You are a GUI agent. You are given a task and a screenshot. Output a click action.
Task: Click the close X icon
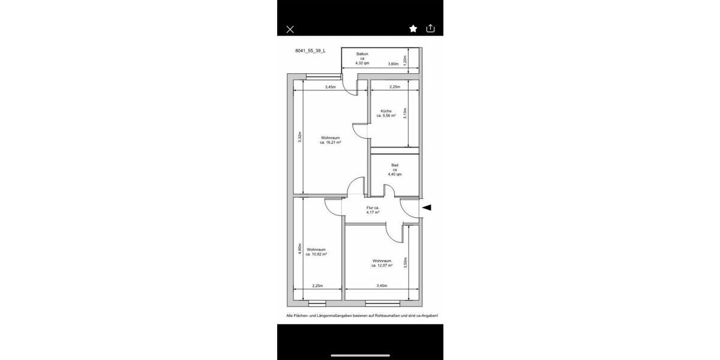[x=290, y=29]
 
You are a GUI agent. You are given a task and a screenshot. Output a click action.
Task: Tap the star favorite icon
[x=413, y=28]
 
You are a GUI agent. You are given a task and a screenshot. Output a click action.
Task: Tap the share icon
[x=430, y=28]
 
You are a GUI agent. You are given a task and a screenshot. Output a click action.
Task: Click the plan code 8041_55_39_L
[x=310, y=51]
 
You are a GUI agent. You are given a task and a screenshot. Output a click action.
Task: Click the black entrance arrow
[x=427, y=208]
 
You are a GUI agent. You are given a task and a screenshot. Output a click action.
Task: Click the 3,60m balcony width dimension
[x=393, y=64]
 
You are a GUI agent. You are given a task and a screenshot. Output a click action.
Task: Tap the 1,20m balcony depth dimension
[x=405, y=60]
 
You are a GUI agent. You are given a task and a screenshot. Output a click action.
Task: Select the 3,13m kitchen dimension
[x=405, y=113]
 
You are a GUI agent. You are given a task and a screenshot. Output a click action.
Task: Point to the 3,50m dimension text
[x=405, y=263]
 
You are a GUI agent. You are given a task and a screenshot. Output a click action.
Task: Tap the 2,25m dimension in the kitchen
[x=394, y=87]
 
